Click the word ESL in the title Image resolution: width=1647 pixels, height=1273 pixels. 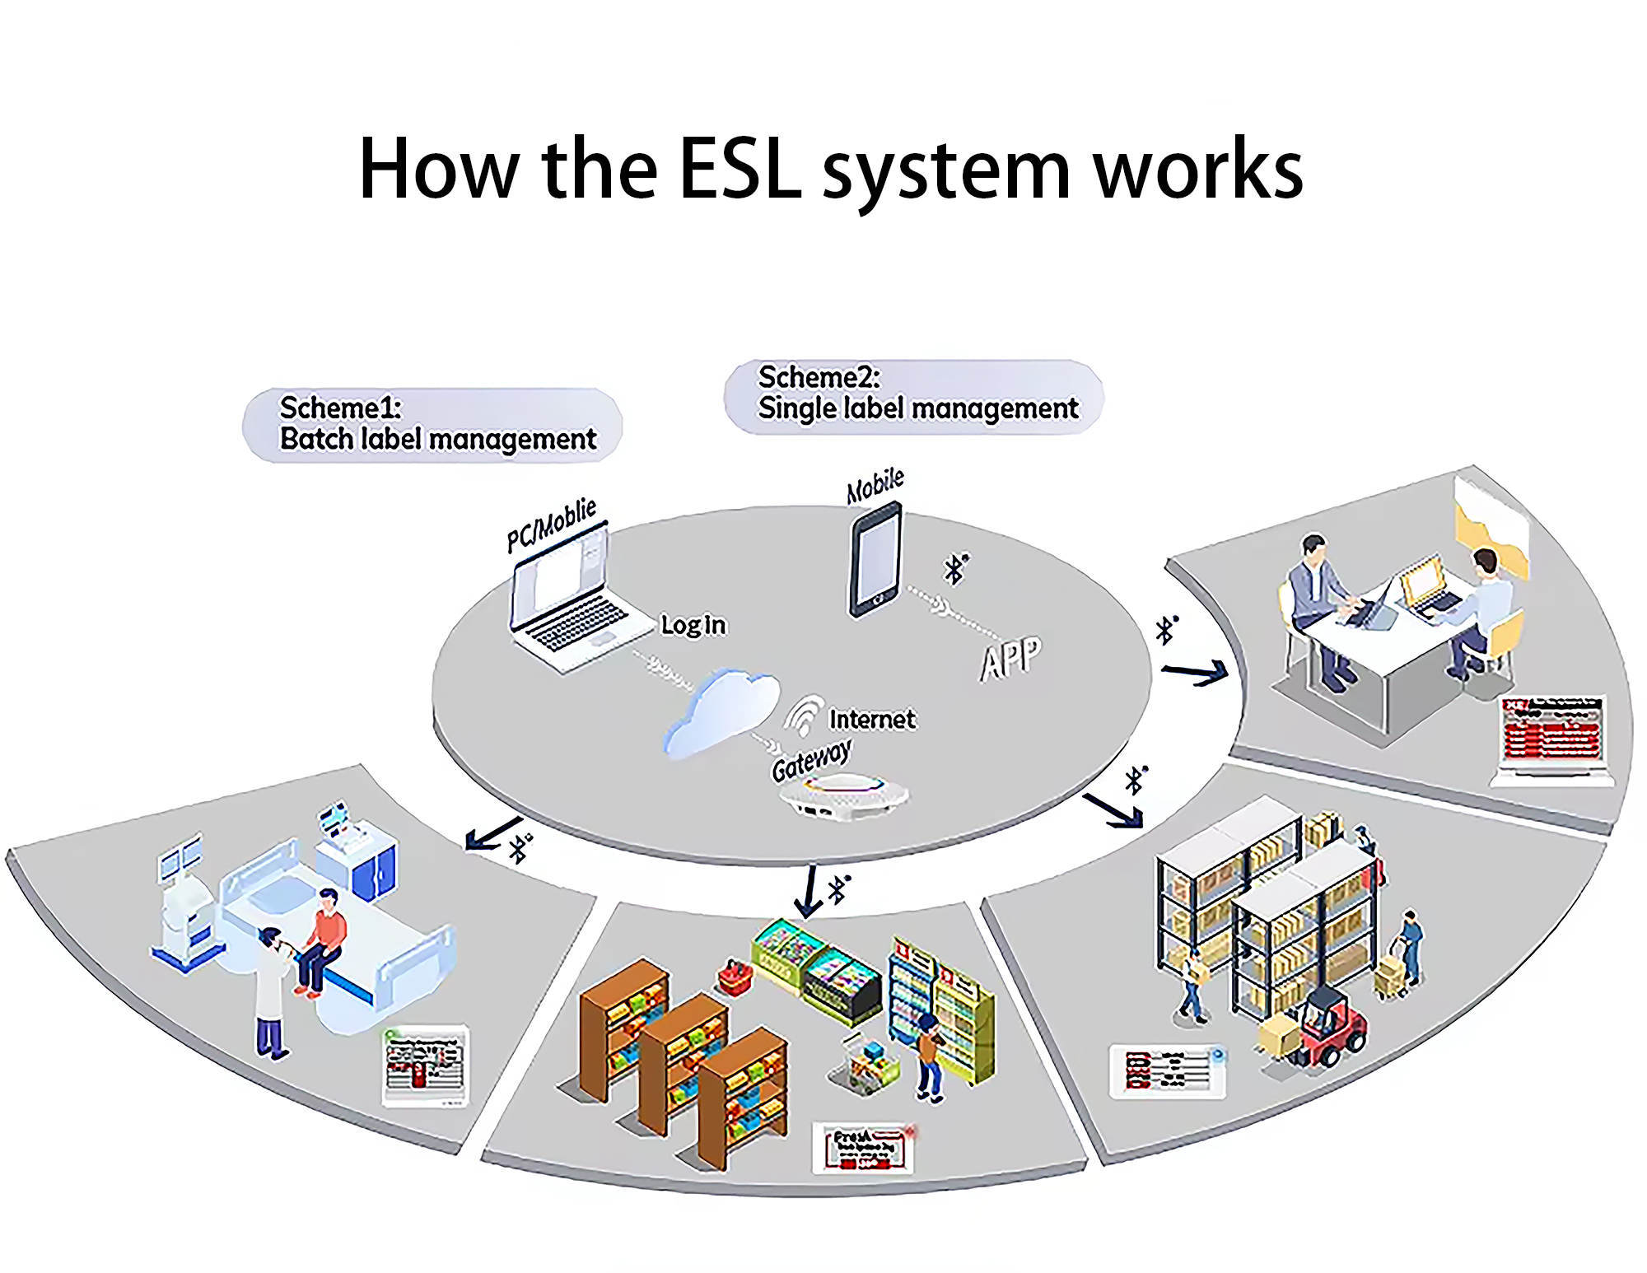pyautogui.click(x=740, y=169)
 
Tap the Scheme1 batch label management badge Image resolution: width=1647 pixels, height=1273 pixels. pyautogui.click(x=432, y=425)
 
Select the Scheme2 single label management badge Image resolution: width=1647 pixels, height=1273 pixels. pyautogui.click(x=913, y=396)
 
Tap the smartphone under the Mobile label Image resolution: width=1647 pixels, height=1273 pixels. pyautogui.click(x=875, y=561)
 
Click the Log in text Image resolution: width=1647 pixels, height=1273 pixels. pyautogui.click(x=693, y=625)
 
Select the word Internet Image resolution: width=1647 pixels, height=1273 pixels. pyautogui.click(x=871, y=720)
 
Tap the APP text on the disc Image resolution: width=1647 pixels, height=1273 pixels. pyautogui.click(x=1010, y=658)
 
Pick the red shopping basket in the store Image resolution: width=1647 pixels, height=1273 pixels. pyautogui.click(x=737, y=977)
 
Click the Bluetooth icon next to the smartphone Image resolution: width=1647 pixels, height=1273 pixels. pyautogui.click(x=955, y=568)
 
